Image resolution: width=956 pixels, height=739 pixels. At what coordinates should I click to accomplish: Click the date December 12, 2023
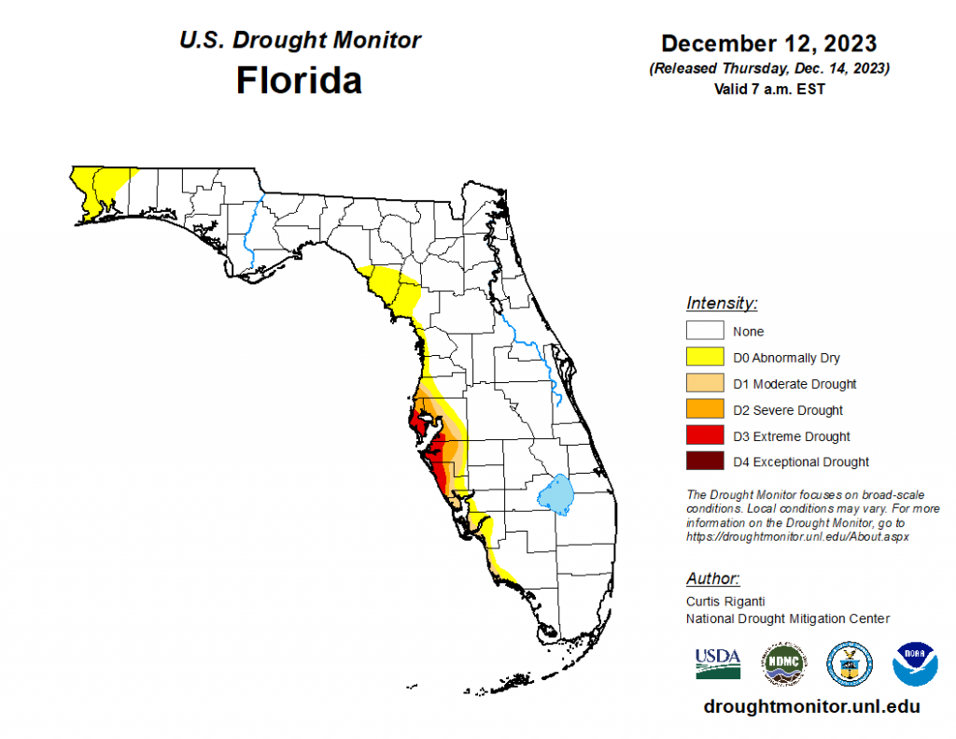tap(768, 44)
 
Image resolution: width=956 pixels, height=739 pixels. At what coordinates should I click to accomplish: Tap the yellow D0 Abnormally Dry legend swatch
tap(706, 357)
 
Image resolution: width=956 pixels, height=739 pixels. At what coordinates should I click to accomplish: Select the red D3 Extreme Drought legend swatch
tap(706, 435)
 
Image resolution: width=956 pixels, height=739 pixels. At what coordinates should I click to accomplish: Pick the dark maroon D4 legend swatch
tap(706, 462)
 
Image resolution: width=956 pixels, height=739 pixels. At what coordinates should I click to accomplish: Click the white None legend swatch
tap(706, 331)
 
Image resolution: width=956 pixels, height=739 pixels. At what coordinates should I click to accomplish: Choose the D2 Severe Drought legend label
tap(788, 410)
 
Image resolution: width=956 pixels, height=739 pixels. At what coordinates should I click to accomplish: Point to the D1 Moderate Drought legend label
tap(794, 384)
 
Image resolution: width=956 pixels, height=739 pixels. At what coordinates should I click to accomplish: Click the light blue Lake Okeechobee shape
tap(556, 494)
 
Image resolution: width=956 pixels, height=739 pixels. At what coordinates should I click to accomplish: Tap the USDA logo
tap(718, 662)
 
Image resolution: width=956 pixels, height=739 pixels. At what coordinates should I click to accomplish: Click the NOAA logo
tap(915, 663)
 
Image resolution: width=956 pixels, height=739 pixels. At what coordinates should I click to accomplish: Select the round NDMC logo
tap(784, 663)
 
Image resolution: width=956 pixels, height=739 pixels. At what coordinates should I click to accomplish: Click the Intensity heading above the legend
tap(722, 303)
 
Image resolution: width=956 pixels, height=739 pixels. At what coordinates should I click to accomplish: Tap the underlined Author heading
tap(713, 577)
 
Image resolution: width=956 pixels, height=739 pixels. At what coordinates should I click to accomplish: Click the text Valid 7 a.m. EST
tap(768, 89)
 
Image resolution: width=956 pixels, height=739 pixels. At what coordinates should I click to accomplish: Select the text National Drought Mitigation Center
tap(788, 618)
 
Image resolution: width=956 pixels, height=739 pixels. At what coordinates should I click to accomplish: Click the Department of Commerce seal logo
tap(850, 663)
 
